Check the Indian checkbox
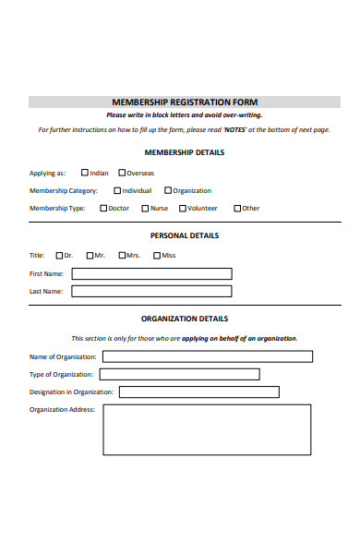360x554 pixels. (x=85, y=173)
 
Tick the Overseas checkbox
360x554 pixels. (x=121, y=173)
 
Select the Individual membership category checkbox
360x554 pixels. (x=117, y=191)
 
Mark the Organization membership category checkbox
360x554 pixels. (x=168, y=191)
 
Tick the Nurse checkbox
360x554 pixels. (x=145, y=209)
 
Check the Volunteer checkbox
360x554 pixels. (x=183, y=209)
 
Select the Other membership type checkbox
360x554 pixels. (x=237, y=209)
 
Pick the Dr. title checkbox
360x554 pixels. (x=59, y=256)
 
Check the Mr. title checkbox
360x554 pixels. (x=90, y=256)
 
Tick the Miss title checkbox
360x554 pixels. (x=157, y=256)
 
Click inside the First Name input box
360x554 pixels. (x=151, y=273)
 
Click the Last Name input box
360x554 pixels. (x=151, y=291)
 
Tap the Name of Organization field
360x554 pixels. (x=207, y=356)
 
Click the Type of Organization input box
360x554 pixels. (x=179, y=374)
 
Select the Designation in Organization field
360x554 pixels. (x=198, y=391)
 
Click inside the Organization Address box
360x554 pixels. (x=207, y=429)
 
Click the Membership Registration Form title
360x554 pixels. (x=185, y=102)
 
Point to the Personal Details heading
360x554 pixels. (x=185, y=235)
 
